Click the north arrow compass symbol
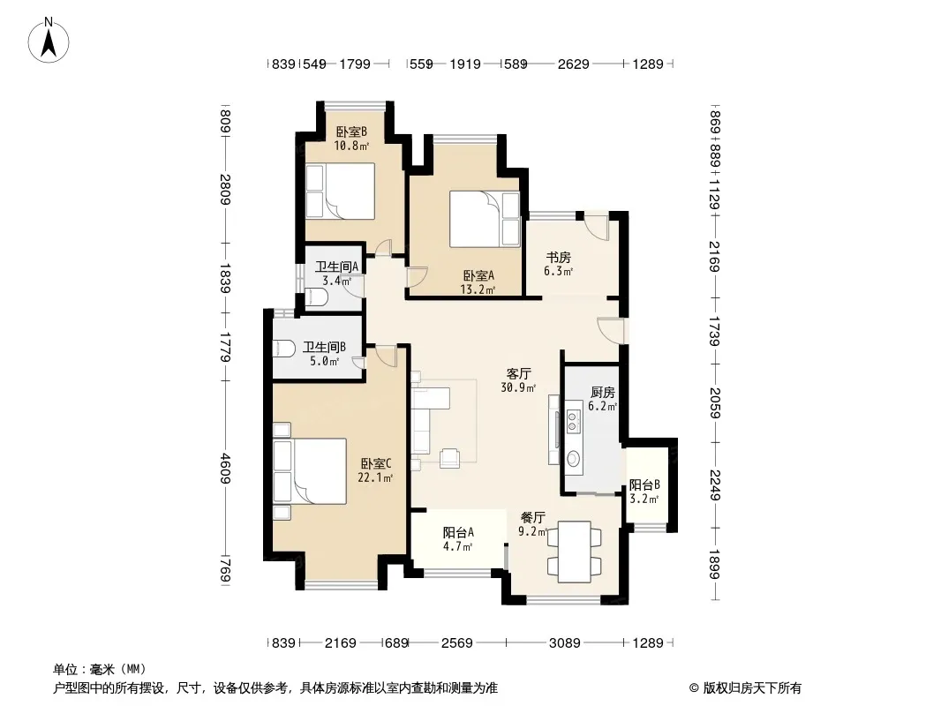coord(49,41)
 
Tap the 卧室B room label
coord(351,132)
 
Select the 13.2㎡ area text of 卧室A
coord(478,290)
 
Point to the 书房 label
coord(558,258)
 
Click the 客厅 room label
coord(518,373)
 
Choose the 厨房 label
coord(603,393)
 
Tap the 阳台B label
coord(644,484)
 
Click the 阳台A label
coord(458,532)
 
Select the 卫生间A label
coord(336,267)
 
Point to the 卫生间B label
coord(324,347)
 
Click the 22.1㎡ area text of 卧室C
coord(375,478)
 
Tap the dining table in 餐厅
coord(575,552)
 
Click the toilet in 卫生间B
coord(284,349)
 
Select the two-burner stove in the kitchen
coord(573,420)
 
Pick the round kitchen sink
coord(573,459)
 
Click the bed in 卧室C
coord(310,471)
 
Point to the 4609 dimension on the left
coord(225,469)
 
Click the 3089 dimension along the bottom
coord(565,643)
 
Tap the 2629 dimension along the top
coord(574,64)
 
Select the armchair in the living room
coord(449,458)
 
